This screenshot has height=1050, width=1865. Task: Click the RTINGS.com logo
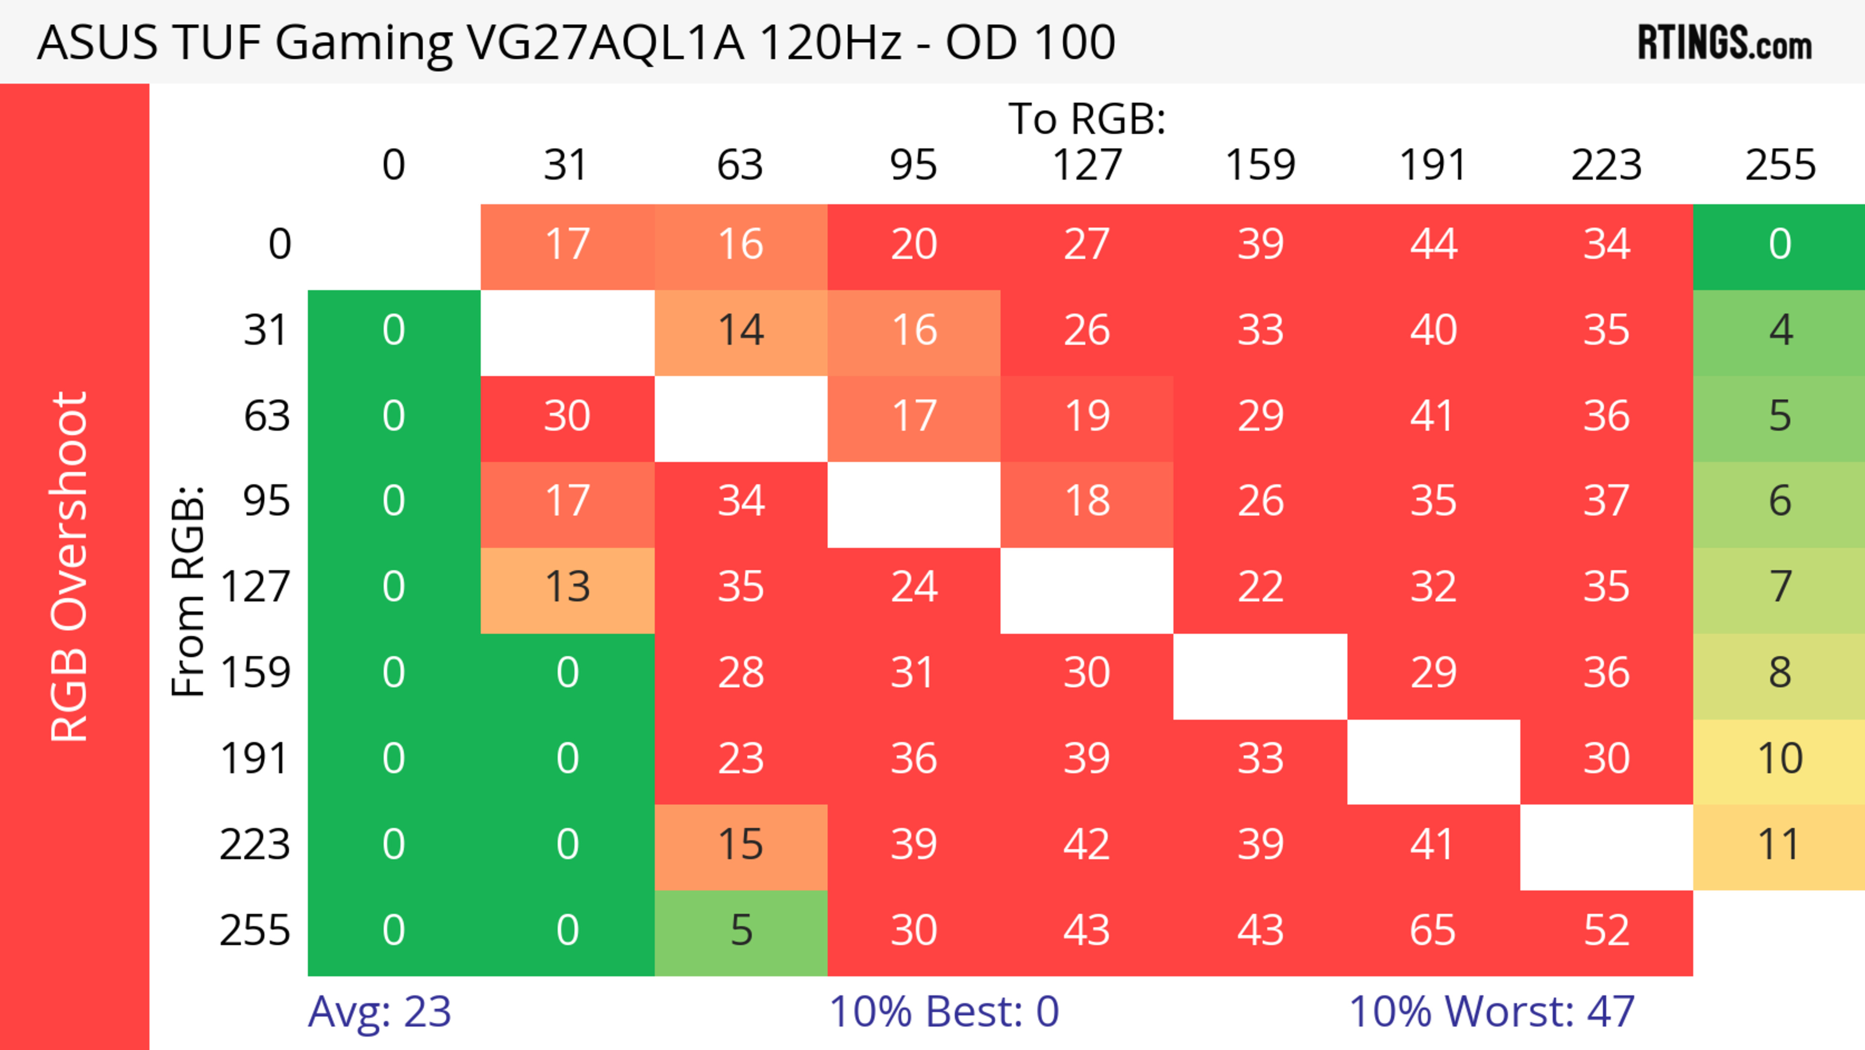(x=1725, y=43)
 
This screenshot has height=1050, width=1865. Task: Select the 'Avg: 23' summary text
(x=379, y=1012)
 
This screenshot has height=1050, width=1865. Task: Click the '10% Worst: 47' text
(x=1492, y=1012)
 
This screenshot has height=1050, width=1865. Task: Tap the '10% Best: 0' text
(x=943, y=1012)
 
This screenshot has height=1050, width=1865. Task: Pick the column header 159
(x=1260, y=165)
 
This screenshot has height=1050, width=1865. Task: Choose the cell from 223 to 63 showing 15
(x=741, y=845)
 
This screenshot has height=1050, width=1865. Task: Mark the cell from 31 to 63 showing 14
(x=741, y=331)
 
